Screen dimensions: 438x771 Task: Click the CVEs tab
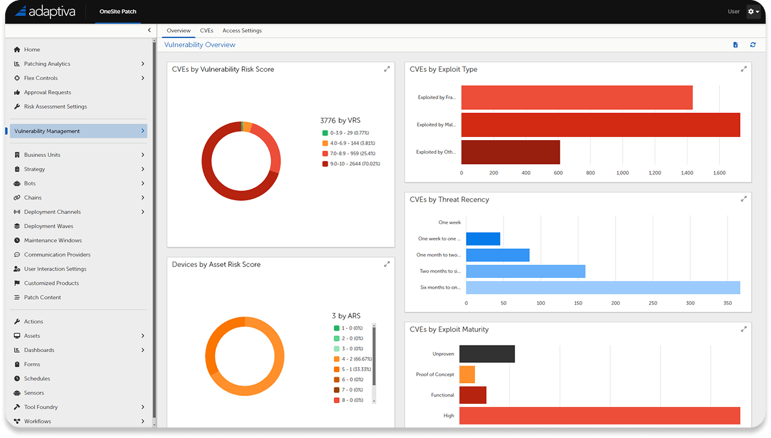206,30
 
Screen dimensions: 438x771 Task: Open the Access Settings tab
242,30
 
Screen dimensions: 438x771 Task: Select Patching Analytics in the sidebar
47,64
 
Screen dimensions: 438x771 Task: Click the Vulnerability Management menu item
47,131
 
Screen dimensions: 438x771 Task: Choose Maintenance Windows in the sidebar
52,240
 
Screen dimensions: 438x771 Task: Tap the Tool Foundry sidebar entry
41,407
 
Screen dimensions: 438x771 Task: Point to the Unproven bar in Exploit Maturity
487,353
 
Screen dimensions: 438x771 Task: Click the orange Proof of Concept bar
467,375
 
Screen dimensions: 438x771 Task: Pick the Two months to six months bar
525,271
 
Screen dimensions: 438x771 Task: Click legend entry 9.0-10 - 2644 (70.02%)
354,164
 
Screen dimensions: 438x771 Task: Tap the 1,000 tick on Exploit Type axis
622,173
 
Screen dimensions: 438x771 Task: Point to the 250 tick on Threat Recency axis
653,303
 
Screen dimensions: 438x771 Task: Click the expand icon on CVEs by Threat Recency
744,199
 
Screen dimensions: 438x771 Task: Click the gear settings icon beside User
753,12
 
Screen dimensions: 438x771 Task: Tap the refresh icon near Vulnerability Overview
753,45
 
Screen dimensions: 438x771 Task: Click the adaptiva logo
45,12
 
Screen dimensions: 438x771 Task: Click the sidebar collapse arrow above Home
149,30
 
